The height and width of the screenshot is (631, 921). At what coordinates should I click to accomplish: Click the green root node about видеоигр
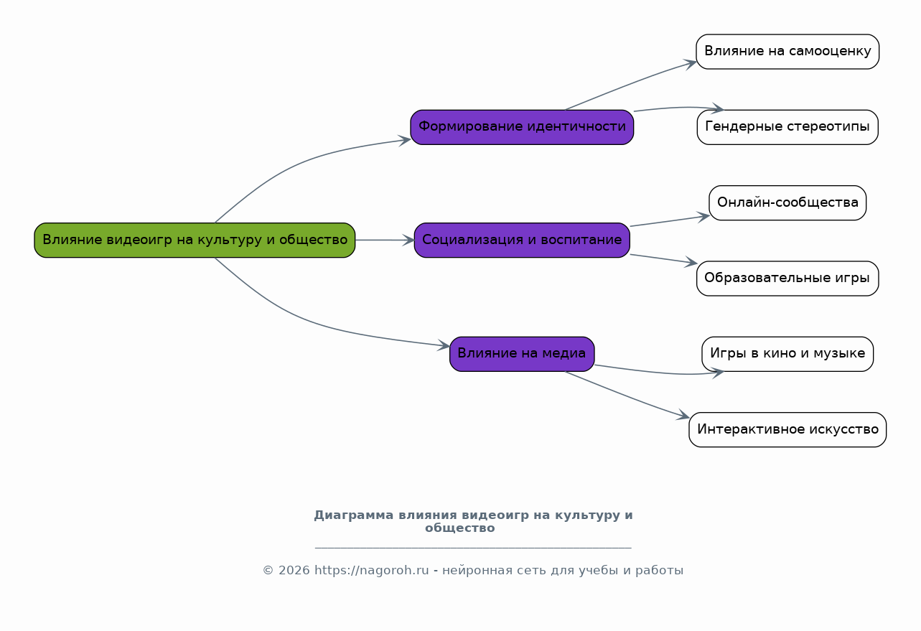coord(195,240)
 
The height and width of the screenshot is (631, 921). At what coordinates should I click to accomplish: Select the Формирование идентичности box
coord(522,127)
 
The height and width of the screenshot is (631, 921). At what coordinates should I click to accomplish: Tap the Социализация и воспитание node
coord(522,240)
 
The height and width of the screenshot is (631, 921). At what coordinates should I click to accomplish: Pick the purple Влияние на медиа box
coord(522,354)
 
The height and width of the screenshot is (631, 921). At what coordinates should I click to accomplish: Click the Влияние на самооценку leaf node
coord(787,52)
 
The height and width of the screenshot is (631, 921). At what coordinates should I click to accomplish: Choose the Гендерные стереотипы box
coord(787,127)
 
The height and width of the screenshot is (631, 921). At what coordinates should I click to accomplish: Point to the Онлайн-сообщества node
coord(787,202)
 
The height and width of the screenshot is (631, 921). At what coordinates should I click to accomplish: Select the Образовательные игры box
coord(787,278)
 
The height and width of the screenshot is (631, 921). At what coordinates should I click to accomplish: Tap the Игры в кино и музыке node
coord(787,354)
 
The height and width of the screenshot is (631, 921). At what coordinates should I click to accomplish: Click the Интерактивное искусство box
coord(787,429)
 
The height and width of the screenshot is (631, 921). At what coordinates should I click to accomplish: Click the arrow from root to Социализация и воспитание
coord(385,240)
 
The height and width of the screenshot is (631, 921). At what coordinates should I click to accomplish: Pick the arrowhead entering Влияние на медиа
coord(444,346)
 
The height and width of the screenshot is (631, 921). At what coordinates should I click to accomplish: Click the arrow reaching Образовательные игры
coord(664,259)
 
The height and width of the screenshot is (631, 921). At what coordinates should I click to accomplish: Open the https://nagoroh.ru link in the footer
coord(371,571)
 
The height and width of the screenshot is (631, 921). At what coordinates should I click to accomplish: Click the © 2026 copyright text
coord(286,571)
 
